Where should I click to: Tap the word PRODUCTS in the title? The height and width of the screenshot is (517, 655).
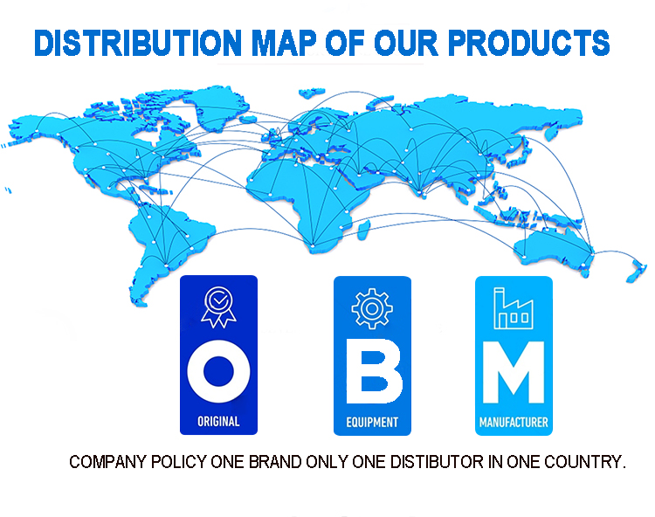(x=529, y=43)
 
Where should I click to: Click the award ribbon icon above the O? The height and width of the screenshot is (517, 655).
(x=218, y=307)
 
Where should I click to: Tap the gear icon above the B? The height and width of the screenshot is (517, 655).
(x=372, y=308)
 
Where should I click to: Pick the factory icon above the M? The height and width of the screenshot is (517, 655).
(x=514, y=308)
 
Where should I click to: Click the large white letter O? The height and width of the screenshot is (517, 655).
(x=218, y=371)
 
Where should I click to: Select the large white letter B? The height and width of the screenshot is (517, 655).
(x=375, y=371)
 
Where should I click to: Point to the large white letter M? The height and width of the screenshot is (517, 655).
(x=514, y=372)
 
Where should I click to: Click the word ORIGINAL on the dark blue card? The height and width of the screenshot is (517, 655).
(x=218, y=421)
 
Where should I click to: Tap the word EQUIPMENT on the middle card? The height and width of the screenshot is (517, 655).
(x=372, y=422)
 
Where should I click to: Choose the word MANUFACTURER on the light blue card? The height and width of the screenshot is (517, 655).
(x=514, y=422)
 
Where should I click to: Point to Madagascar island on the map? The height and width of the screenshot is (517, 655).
(x=363, y=230)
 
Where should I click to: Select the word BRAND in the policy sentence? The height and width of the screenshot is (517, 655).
(x=275, y=462)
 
